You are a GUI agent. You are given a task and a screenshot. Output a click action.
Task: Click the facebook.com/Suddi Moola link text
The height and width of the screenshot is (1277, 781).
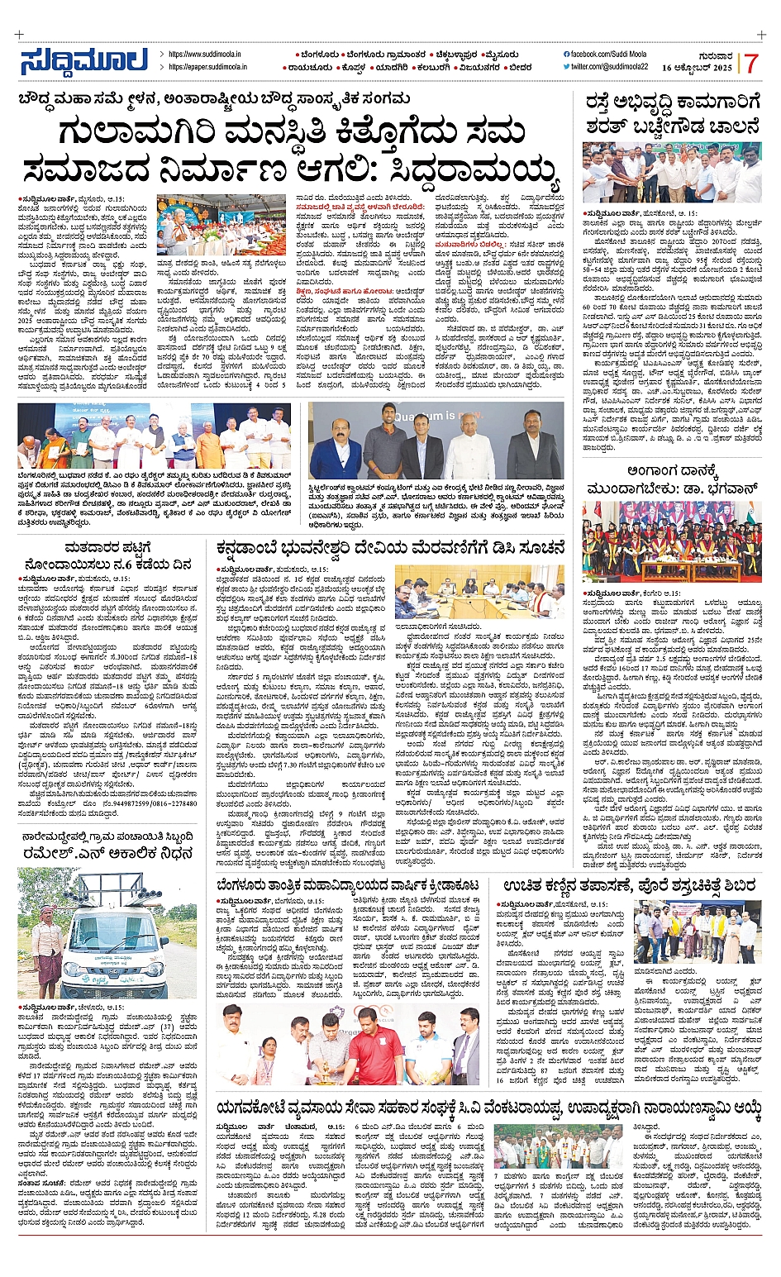[611, 54]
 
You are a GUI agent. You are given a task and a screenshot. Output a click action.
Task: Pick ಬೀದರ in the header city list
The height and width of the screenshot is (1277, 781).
[520, 68]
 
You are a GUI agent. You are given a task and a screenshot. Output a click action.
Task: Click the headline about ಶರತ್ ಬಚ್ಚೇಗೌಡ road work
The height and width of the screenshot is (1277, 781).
[671, 115]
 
